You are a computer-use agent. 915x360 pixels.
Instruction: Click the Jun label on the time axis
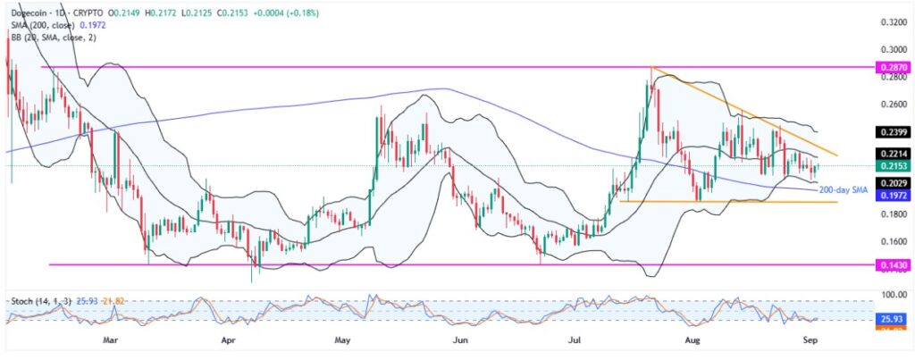click(x=460, y=339)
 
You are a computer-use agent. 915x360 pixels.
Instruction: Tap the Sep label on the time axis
click(x=810, y=339)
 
